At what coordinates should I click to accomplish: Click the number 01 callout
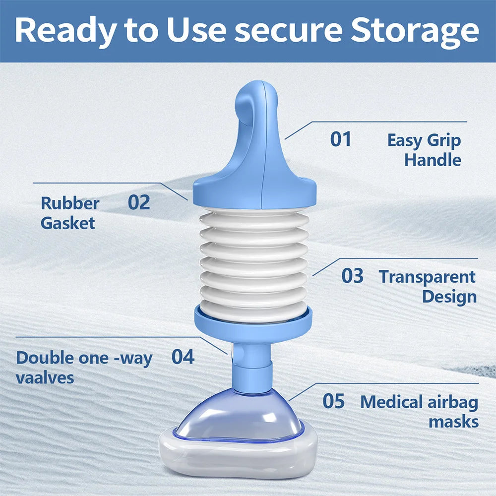341,139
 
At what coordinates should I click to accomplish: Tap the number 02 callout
139,202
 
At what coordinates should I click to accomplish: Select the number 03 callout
352,276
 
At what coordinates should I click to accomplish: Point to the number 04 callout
183,357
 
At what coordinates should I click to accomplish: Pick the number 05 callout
333,401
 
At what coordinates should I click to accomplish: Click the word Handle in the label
433,160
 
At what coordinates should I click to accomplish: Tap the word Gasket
67,223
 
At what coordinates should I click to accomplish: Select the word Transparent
427,276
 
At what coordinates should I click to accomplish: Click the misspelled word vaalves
45,377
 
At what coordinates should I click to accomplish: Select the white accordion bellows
253,263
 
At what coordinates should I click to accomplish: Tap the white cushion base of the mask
238,456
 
